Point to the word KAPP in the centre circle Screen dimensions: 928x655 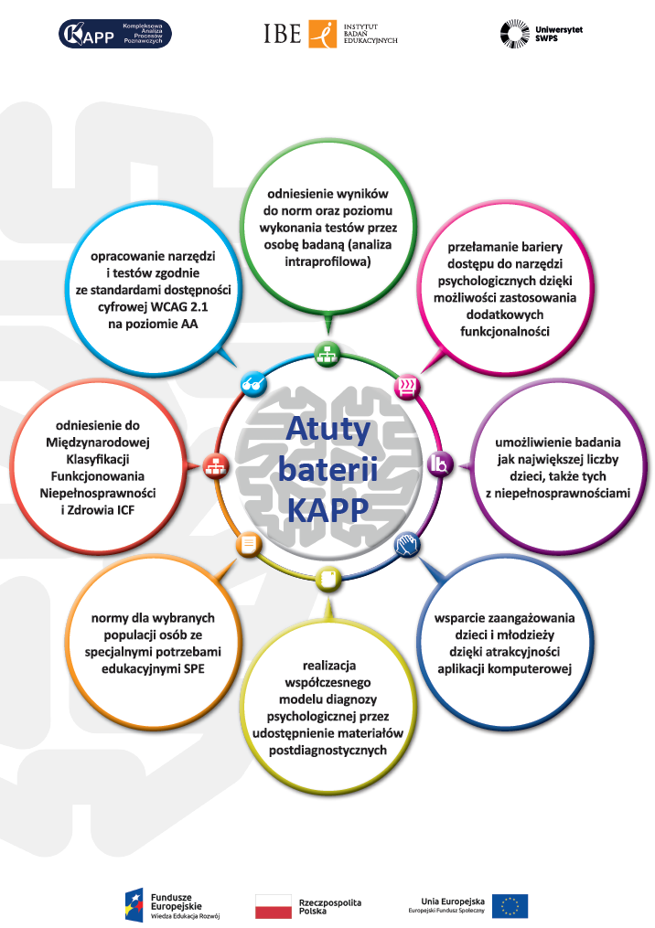coord(327,509)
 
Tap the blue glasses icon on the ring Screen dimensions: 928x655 coord(252,383)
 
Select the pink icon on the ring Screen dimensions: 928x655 coord(405,387)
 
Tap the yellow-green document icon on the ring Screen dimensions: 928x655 coord(328,579)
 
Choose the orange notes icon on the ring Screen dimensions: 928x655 coord(249,545)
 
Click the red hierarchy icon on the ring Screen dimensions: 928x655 coord(216,466)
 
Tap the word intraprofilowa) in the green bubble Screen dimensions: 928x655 coord(327,261)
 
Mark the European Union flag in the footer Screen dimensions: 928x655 coord(510,905)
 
